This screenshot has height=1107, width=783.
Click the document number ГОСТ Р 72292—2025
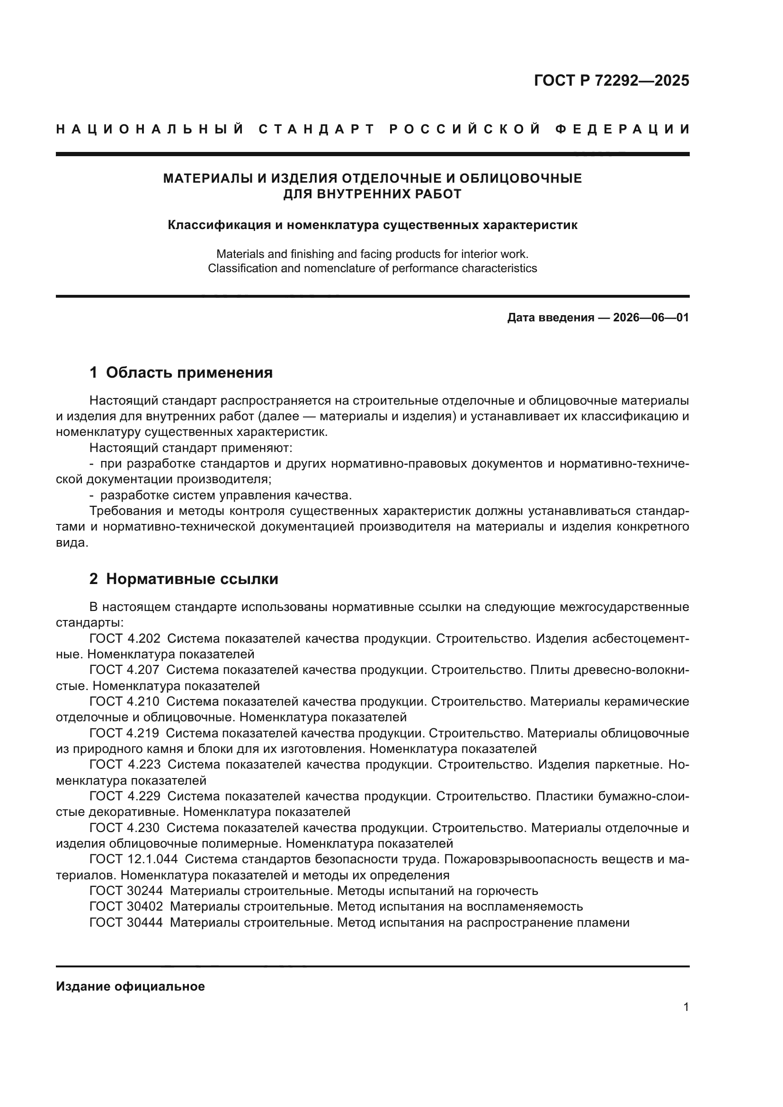[x=611, y=80]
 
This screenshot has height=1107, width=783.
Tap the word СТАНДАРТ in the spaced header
[x=317, y=129]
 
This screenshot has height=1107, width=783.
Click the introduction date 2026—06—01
[x=651, y=318]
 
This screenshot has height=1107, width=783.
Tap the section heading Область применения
[x=189, y=372]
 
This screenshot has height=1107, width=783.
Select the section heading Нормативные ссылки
[x=192, y=578]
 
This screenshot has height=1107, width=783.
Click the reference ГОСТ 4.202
[x=125, y=638]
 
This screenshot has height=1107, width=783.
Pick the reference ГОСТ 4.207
[x=125, y=670]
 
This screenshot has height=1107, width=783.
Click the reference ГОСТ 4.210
[x=125, y=701]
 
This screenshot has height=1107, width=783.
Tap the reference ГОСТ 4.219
[x=125, y=733]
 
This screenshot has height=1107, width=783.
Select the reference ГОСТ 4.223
[x=125, y=764]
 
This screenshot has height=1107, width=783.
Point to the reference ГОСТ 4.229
[x=125, y=796]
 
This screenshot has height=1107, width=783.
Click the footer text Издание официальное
[x=130, y=986]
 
